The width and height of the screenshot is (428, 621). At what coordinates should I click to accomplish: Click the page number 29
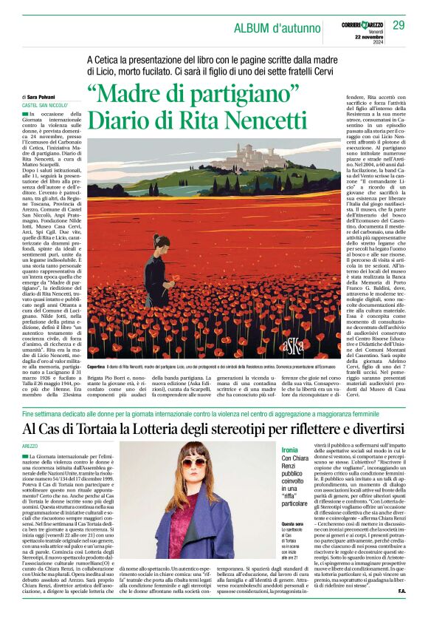398,26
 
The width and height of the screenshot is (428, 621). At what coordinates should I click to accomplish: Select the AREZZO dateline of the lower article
30,447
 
